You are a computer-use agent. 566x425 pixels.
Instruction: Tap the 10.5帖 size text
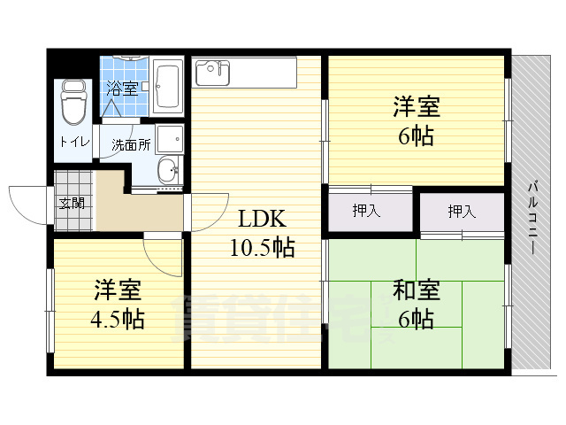(x=262, y=249)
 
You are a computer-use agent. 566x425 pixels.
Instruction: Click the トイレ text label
(x=73, y=142)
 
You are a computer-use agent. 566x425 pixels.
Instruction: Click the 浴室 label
(x=122, y=88)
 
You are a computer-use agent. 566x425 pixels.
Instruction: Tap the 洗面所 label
(x=129, y=144)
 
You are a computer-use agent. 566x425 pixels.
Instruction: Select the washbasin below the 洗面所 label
(x=167, y=171)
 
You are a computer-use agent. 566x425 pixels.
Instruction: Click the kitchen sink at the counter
(x=213, y=72)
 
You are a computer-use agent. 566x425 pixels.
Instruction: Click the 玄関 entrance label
(x=73, y=203)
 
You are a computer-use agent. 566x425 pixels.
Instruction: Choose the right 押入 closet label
(x=461, y=211)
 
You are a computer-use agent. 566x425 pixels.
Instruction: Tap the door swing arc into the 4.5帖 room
(x=162, y=257)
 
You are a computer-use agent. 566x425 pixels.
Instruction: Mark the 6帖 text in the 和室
(x=416, y=319)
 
